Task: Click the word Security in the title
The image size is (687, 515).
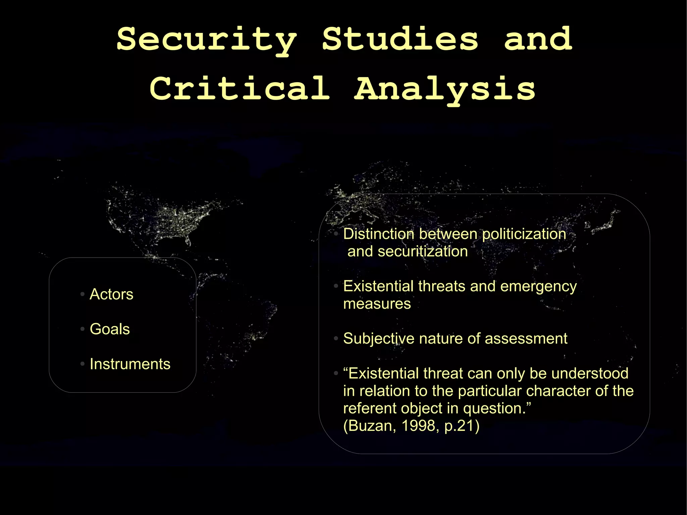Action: coord(207,40)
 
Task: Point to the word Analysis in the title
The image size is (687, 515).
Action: coord(445,89)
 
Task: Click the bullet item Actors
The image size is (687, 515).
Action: coord(111,294)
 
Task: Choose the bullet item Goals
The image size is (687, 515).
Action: coord(110,329)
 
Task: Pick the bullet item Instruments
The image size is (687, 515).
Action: coord(130,364)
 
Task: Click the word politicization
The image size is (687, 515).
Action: coord(524,234)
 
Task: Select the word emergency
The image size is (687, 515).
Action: coord(538,287)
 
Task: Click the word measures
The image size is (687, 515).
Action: coord(377,304)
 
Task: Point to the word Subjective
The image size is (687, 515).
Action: coord(379,339)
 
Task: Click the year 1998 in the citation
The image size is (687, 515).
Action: coord(418,426)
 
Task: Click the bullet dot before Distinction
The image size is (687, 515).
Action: coord(336,234)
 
